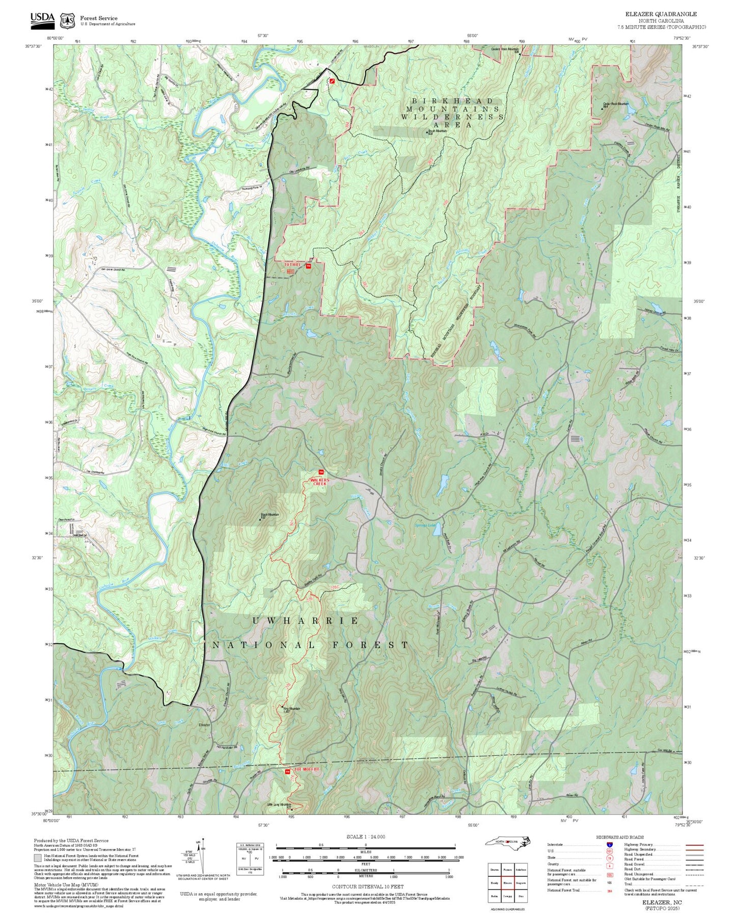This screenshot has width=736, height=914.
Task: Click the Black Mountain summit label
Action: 269,515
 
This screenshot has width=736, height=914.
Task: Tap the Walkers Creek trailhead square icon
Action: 321,472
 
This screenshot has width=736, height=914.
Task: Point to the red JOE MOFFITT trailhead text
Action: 308,769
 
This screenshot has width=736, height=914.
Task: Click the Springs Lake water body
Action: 437,530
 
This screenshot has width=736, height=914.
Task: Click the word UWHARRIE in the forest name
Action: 306,621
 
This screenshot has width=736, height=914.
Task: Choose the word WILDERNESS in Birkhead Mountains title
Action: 452,117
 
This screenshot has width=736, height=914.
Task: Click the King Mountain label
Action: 291,709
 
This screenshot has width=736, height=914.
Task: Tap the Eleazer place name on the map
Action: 204,724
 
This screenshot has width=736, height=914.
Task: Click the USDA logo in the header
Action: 42,19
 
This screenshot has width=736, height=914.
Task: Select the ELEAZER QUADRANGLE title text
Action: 661,14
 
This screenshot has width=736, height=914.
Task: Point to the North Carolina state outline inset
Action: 507,841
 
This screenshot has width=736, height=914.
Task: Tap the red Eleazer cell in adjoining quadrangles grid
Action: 507,883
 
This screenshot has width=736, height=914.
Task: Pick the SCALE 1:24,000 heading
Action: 365,837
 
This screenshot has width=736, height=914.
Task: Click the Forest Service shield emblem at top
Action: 67,21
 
